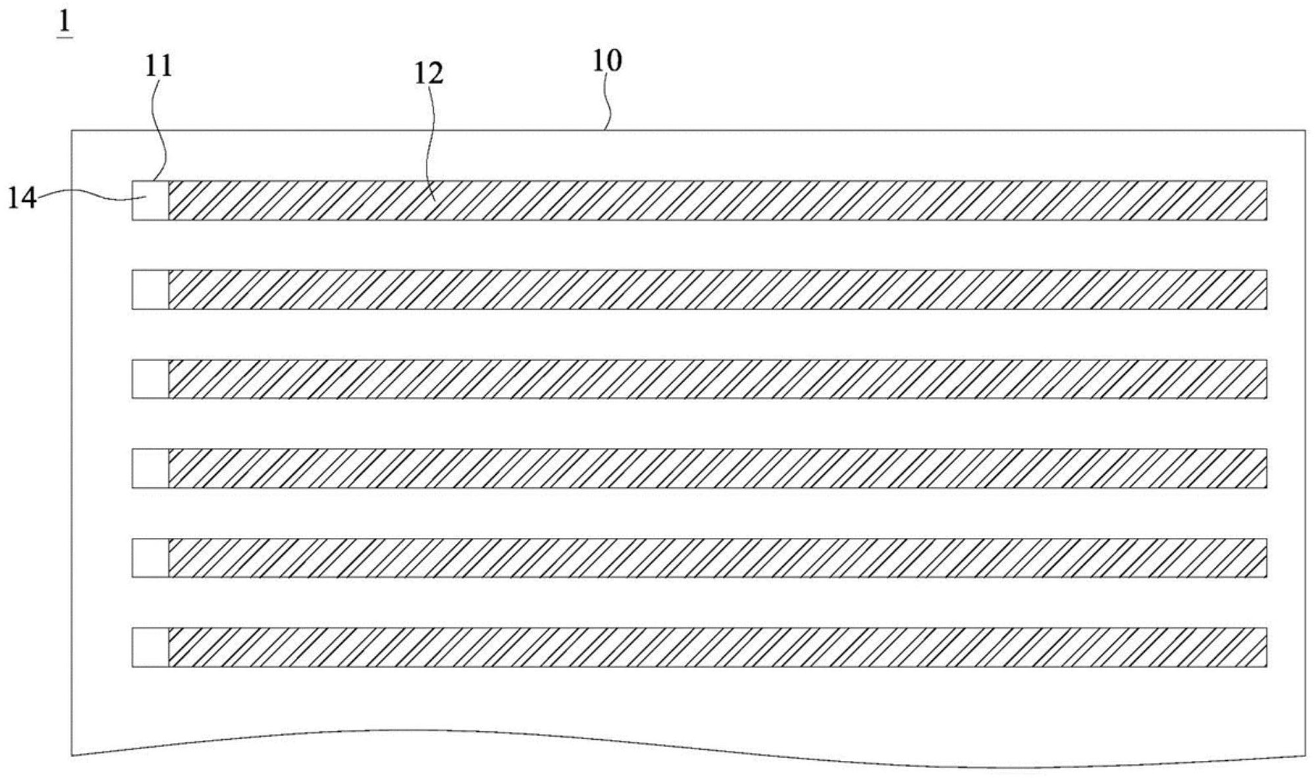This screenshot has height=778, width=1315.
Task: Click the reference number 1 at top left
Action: click(64, 24)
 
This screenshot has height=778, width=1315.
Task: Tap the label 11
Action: click(158, 66)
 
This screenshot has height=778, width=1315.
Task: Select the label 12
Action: click(428, 74)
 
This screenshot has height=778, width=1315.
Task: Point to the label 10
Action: click(607, 61)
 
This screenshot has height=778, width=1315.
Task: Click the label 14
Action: click(22, 197)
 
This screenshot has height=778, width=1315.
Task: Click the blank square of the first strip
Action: click(150, 200)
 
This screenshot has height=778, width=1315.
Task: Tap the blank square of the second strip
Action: click(150, 289)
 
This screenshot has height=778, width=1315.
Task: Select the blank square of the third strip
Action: click(150, 379)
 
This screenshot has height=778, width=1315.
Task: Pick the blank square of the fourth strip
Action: click(150, 468)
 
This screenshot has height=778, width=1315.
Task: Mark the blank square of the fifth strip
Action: click(150, 558)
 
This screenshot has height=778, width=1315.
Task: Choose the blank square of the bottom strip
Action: click(150, 648)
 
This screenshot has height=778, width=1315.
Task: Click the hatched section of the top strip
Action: click(718, 200)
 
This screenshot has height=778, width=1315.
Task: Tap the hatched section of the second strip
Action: click(718, 289)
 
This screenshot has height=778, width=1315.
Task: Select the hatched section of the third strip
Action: click(718, 379)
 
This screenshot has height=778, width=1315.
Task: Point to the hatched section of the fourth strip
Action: click(718, 468)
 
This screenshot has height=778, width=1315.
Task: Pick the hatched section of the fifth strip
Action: click(718, 558)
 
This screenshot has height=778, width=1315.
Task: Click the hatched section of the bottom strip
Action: click(718, 648)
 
